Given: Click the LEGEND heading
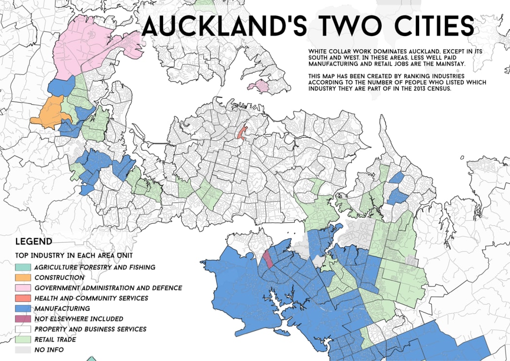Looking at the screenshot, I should click(x=34, y=242).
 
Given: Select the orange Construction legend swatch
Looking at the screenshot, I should click(x=23, y=277).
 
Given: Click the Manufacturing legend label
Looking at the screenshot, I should click(x=62, y=308).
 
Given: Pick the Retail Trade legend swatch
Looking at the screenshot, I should click(x=23, y=340).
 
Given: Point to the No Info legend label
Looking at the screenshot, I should click(x=49, y=350).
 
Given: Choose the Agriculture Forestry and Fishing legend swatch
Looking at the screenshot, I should click(x=23, y=267).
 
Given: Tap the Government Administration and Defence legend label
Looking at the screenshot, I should click(x=108, y=288).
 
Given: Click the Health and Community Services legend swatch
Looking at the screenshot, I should click(x=23, y=298).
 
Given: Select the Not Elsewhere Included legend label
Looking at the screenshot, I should click(x=79, y=319).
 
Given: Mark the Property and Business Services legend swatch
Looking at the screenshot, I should click(x=23, y=329).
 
